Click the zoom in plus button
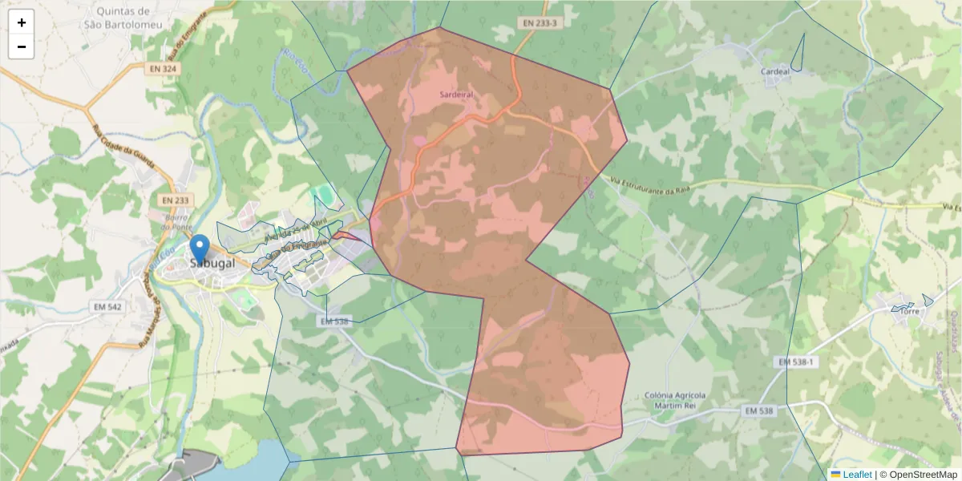tap(22, 22)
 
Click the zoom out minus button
tap(22, 46)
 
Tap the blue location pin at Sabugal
tap(200, 248)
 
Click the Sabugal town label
tap(213, 263)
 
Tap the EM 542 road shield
tap(107, 307)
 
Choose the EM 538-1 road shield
tap(796, 362)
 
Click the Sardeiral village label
tap(457, 94)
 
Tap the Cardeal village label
tap(775, 71)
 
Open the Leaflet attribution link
tap(856, 475)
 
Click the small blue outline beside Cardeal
tap(797, 55)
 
